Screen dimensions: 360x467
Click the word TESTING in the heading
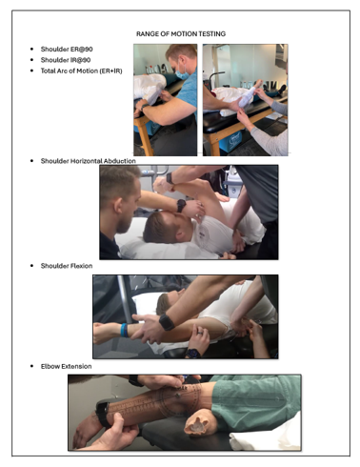212,34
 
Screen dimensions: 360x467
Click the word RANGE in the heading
145,34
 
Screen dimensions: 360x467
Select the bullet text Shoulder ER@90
67,50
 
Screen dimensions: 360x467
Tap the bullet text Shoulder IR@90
66,60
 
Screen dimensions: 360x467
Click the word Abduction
119,161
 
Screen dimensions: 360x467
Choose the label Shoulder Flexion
67,266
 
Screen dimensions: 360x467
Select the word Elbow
50,366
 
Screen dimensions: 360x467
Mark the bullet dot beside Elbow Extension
31,366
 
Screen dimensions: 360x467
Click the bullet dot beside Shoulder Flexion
31,266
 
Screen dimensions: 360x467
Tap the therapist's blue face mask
182,73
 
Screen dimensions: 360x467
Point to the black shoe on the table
281,90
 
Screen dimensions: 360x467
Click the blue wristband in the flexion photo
124,330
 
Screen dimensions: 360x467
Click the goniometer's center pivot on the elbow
178,396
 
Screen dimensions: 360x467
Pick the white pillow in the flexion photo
146,303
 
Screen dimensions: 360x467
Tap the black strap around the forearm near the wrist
102,414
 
